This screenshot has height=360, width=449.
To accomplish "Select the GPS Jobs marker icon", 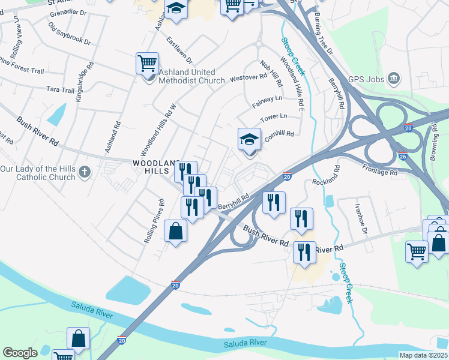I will [x=394, y=77].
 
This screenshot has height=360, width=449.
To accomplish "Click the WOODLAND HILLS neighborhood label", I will [x=155, y=167].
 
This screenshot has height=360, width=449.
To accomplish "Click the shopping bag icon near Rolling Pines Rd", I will [x=175, y=232].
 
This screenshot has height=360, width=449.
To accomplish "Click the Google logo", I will [x=20, y=353].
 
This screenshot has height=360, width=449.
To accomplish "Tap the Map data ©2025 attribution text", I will [x=423, y=355].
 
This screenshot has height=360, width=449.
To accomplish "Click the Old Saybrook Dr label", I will [x=69, y=34].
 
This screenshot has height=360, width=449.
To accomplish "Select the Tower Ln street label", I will [x=274, y=116].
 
